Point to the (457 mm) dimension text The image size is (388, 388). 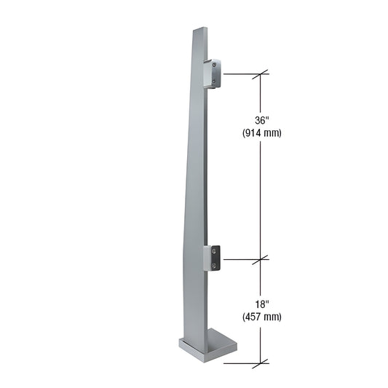click(x=261, y=317)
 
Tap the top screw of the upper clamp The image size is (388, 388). click(x=216, y=66)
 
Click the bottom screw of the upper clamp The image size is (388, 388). click(x=216, y=82)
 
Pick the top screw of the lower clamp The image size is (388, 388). click(x=216, y=250)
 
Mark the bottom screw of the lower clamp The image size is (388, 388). click(x=216, y=265)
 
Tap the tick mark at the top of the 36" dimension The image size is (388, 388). click(x=261, y=74)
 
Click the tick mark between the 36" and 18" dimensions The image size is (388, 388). click(x=261, y=258)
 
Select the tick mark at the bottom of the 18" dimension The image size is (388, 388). click(x=261, y=362)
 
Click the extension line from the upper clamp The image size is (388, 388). click(x=240, y=74)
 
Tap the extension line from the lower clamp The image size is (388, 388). click(x=240, y=258)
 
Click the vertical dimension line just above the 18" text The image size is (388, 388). click(x=261, y=280)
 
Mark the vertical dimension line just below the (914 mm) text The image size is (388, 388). click(x=261, y=189)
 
